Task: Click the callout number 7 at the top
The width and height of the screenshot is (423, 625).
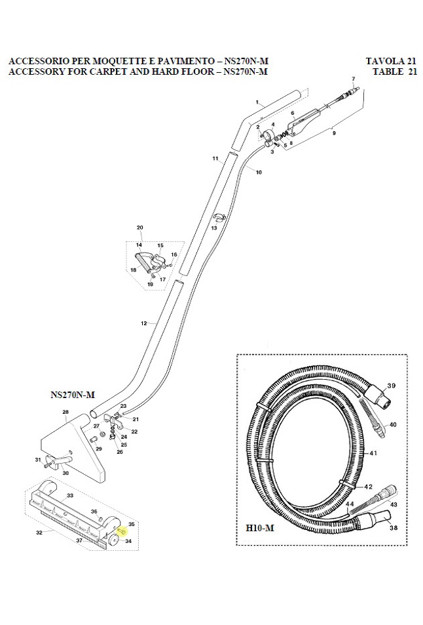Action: click(354, 79)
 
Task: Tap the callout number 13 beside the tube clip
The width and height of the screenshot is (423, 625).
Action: click(213, 228)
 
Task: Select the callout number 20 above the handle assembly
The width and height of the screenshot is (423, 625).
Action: click(139, 228)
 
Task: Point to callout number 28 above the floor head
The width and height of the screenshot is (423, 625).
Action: click(65, 412)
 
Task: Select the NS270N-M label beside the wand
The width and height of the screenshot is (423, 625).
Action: click(73, 395)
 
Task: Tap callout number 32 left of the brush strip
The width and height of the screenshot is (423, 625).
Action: click(39, 533)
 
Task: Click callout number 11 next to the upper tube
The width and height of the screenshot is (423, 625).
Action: click(215, 159)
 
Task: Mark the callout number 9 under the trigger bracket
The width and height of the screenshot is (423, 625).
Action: click(334, 133)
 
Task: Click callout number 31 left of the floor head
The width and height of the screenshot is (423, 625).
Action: click(38, 459)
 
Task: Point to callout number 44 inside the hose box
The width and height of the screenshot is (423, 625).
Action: click(349, 504)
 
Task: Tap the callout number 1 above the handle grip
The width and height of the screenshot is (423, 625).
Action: click(259, 102)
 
